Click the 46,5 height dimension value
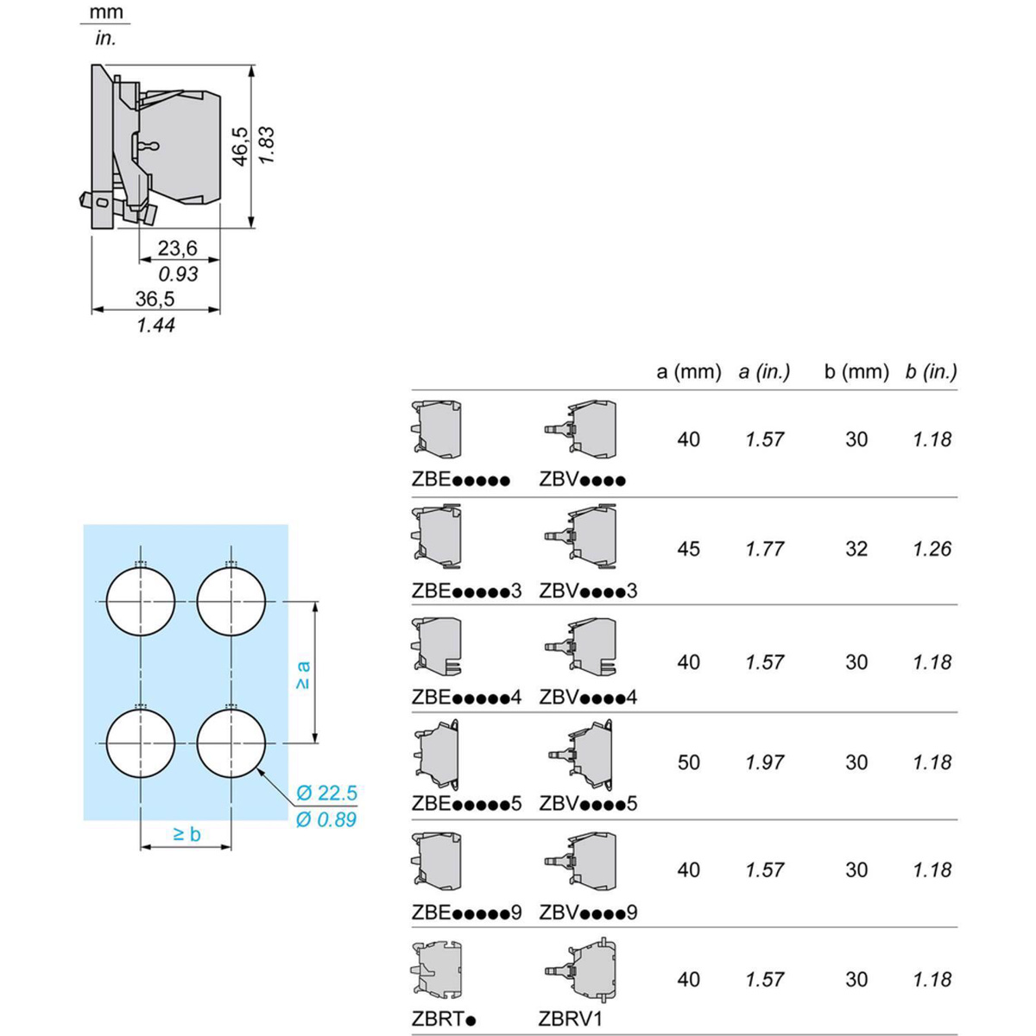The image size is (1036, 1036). click(x=240, y=145)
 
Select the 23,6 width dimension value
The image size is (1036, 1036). click(x=177, y=249)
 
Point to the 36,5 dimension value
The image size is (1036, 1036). click(x=155, y=299)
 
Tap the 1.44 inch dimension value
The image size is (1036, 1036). click(x=155, y=325)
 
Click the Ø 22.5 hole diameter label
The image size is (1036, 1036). click(x=326, y=793)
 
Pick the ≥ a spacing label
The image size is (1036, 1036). click(x=302, y=674)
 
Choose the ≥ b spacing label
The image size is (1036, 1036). click(x=186, y=834)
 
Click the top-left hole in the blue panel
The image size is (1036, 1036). click(x=141, y=602)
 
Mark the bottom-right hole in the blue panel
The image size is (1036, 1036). click(x=231, y=742)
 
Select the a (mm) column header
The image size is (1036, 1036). click(x=688, y=372)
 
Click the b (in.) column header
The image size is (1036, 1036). click(x=932, y=372)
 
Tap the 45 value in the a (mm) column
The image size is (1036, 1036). click(x=688, y=549)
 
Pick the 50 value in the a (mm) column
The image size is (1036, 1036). click(x=688, y=762)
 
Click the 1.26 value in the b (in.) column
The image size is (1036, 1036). click(x=932, y=549)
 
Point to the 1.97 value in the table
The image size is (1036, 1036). click(x=765, y=762)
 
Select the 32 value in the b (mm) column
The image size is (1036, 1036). click(x=856, y=549)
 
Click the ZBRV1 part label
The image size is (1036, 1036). click(x=570, y=1019)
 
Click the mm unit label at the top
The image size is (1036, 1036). click(x=106, y=13)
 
